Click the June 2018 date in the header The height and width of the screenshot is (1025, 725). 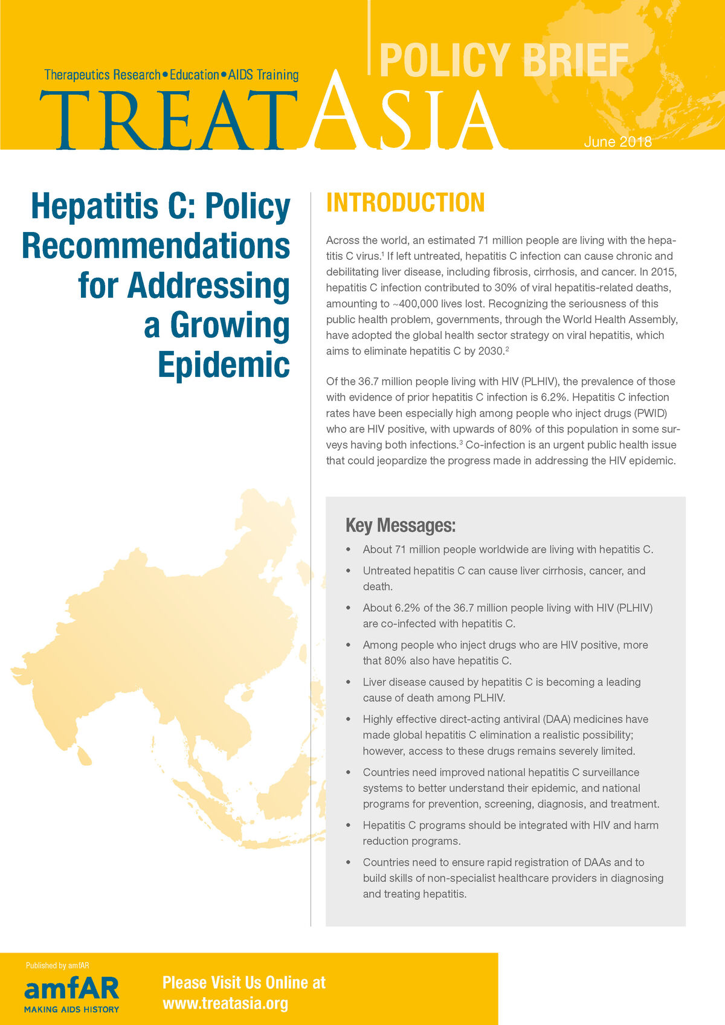pyautogui.click(x=617, y=142)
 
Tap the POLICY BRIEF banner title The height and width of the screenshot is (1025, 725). pyautogui.click(x=504, y=60)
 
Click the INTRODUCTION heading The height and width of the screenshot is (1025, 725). pyautogui.click(x=405, y=203)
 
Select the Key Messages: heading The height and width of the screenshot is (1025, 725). pyautogui.click(x=400, y=525)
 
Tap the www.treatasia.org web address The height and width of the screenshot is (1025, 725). pyautogui.click(x=225, y=1003)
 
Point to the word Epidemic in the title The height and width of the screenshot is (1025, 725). pyautogui.click(x=224, y=365)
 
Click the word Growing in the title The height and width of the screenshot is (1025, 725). pyautogui.click(x=230, y=326)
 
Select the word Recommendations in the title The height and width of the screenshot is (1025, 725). pyautogui.click(x=156, y=246)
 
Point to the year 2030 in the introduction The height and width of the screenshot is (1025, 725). pyautogui.click(x=491, y=351)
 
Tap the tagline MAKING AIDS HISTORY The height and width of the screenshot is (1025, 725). pyautogui.click(x=71, y=1009)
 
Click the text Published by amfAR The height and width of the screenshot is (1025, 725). pyautogui.click(x=57, y=965)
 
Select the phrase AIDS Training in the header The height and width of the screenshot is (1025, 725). pyautogui.click(x=263, y=75)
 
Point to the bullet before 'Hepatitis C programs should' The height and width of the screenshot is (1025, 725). pyautogui.click(x=348, y=825)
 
